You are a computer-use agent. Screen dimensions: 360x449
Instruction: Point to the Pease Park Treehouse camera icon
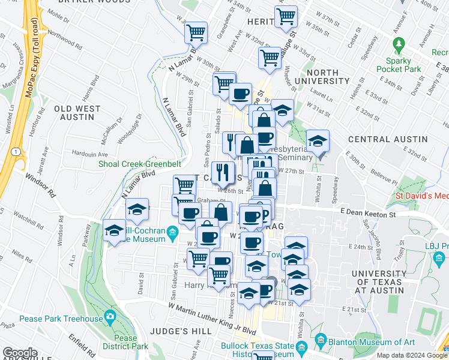coord(109,316)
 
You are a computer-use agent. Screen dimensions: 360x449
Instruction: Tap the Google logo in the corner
coord(20,353)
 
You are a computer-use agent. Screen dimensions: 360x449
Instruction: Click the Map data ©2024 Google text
coord(412,355)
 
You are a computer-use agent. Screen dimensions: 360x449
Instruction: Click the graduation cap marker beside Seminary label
coord(318,142)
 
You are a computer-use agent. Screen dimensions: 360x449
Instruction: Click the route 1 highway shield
coord(13,152)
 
